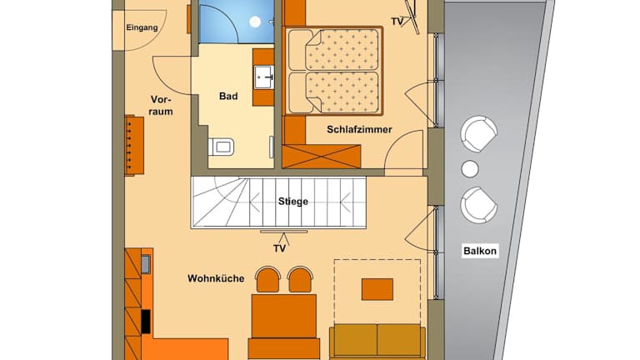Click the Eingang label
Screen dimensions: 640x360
tap(142, 27)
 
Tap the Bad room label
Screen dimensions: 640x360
tap(228, 96)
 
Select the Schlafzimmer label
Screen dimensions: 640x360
tap(359, 129)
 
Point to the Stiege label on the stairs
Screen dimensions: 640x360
tap(293, 201)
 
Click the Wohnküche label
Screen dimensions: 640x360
tap(216, 278)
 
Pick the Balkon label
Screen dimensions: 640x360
tap(480, 251)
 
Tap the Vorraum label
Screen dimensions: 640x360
tap(160, 105)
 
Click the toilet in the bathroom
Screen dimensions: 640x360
tap(221, 147)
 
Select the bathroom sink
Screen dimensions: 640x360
tap(264, 77)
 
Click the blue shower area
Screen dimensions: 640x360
tap(237, 21)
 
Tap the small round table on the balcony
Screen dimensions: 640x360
tap(470, 168)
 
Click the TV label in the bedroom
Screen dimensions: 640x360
tap(397, 22)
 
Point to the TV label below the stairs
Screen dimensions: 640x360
tap(280, 248)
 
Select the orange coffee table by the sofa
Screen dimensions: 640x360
tap(377, 289)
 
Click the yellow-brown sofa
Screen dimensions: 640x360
tap(377, 342)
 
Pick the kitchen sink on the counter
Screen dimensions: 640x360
tap(145, 263)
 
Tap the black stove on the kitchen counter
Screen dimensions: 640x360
tap(145, 322)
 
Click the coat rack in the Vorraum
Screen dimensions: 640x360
tap(134, 145)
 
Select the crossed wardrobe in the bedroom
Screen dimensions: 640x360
tap(321, 157)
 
